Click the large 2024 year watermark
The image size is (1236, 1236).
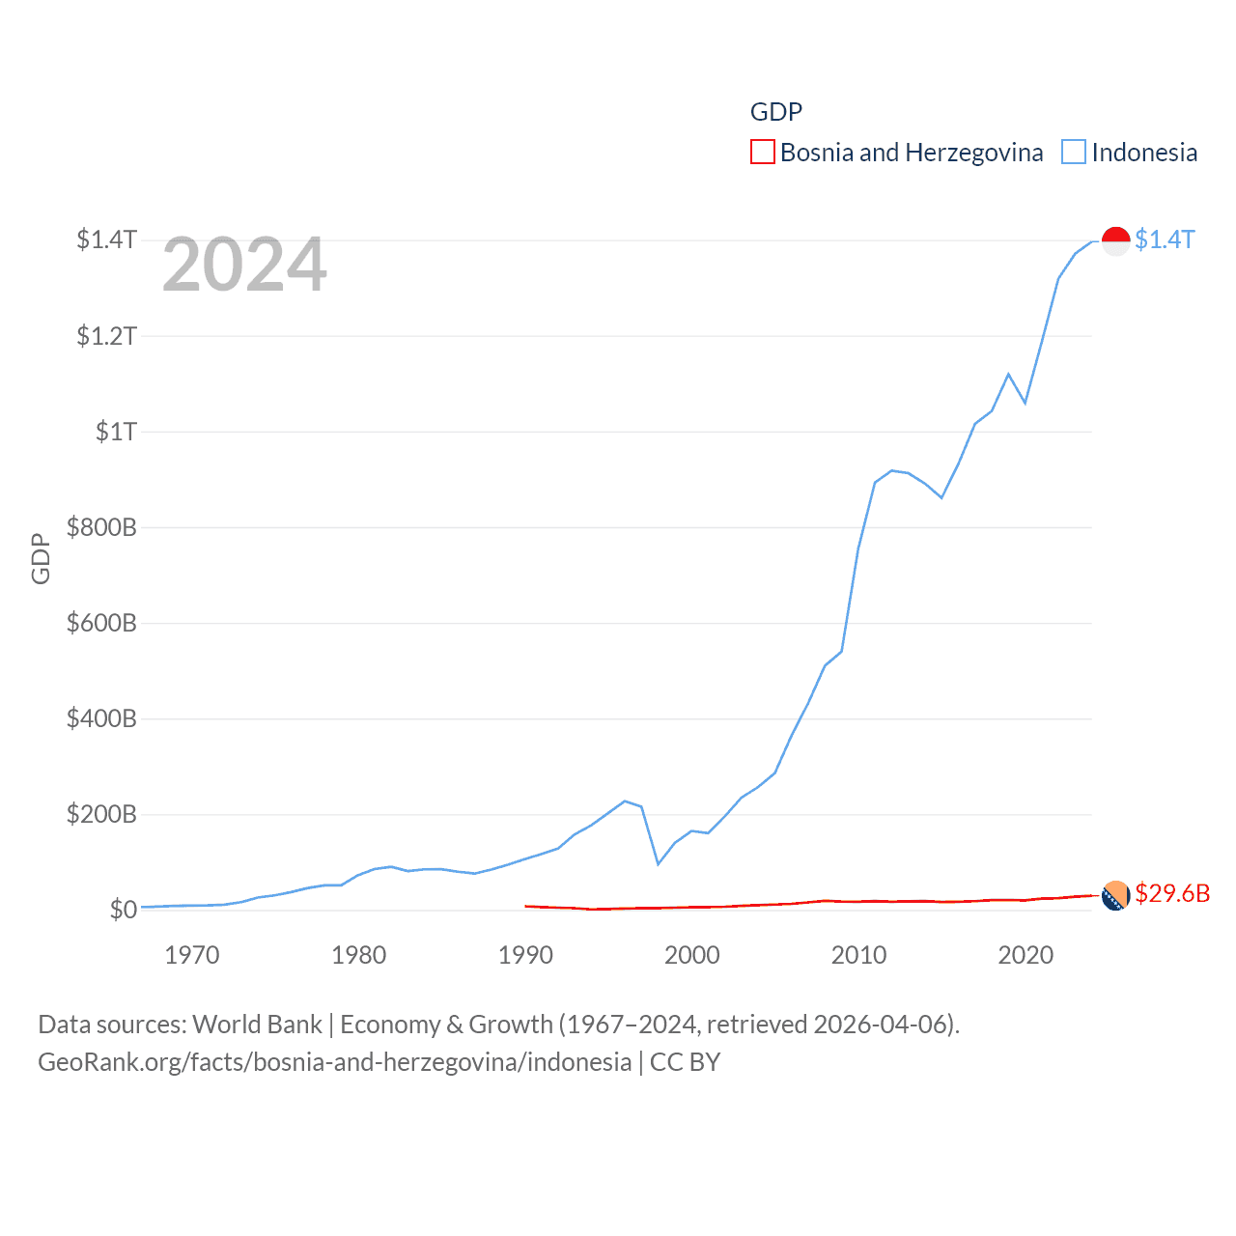pos(244,265)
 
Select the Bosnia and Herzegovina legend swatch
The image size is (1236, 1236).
pos(763,153)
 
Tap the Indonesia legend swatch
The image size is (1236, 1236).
pos(1074,153)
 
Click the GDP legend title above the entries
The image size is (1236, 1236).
pos(776,112)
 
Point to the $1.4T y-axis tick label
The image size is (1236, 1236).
pos(106,239)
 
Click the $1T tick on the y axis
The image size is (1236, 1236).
pos(116,432)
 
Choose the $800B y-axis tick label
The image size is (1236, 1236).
pos(101,527)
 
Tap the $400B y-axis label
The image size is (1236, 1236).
pos(101,718)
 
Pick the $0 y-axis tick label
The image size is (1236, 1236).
pos(123,910)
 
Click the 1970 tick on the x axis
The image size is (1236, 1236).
pos(192,955)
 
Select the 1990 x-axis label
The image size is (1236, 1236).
pos(525,955)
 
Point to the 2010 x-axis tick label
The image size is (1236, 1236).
pos(858,955)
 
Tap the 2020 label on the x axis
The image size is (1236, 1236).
pos(1025,955)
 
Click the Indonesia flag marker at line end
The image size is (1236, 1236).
pos(1116,240)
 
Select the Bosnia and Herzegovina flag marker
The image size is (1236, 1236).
pos(1116,895)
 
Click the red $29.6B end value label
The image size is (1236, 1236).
pos(1172,893)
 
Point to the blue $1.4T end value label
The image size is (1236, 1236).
pos(1165,239)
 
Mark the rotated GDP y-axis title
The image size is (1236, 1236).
pos(41,558)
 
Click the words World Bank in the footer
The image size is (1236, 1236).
pos(258,1025)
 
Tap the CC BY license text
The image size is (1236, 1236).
pos(686,1062)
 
